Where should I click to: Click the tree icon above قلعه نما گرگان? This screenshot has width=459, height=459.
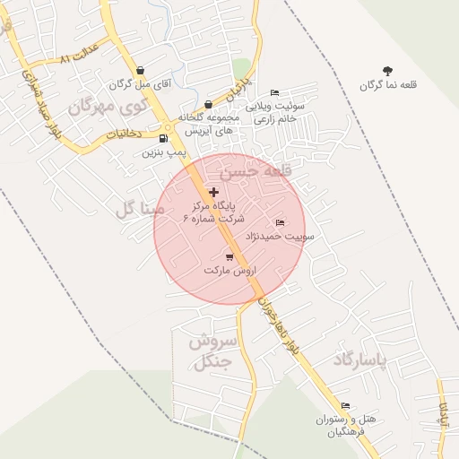point(387,71)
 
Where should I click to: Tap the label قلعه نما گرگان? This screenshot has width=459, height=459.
point(388,86)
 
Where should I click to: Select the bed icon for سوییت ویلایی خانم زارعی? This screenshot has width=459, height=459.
point(274,92)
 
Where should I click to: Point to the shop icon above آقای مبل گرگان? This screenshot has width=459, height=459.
point(140,71)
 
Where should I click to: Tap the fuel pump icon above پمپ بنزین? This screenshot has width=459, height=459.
point(162,139)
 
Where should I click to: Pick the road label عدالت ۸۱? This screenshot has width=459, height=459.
point(77,56)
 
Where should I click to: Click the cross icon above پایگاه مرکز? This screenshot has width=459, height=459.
point(213,192)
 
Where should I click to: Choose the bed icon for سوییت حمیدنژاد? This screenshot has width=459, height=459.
point(281,223)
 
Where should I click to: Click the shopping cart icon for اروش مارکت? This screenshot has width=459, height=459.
point(229,256)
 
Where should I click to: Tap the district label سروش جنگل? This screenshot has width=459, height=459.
point(212,351)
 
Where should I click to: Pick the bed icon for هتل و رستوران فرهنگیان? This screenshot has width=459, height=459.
point(346,405)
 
